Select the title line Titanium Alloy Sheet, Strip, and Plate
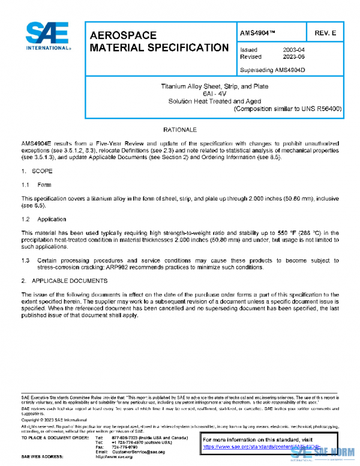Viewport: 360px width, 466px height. (214, 86)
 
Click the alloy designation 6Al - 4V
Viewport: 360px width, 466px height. (214, 94)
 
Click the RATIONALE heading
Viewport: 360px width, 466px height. (180, 130)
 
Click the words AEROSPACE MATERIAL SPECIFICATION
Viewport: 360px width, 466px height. (158, 41)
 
